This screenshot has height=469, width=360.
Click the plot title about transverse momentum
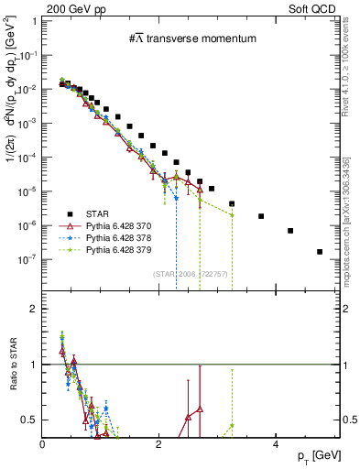coord(191,38)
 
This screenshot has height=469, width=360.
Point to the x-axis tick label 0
coord(43,443)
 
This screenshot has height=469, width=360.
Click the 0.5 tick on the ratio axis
coord(31,420)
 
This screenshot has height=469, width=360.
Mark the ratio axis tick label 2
coord(35,309)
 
